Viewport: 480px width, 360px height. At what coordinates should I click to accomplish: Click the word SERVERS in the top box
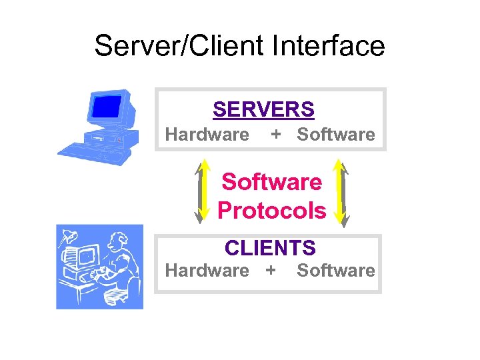tap(263, 109)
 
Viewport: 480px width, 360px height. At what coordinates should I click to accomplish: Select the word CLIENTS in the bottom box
tap(270, 248)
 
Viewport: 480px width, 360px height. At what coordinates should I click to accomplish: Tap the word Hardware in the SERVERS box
tap(207, 135)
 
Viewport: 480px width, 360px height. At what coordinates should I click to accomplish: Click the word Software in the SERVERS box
tap(336, 135)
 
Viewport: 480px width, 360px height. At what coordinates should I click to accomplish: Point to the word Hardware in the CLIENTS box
tap(207, 271)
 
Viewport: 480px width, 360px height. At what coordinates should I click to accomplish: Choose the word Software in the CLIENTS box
tap(336, 271)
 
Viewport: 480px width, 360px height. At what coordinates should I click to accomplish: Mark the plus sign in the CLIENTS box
tap(270, 271)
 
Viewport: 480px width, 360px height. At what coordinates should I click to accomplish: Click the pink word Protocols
tap(272, 211)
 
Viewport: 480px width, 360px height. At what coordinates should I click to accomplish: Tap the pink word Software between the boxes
tap(272, 181)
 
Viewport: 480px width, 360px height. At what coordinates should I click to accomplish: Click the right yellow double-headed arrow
tap(341, 190)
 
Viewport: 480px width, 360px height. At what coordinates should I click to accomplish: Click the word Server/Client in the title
tap(179, 46)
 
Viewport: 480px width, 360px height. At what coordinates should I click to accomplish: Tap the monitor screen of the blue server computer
tap(107, 106)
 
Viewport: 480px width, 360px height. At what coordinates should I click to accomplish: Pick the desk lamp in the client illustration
tap(69, 236)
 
